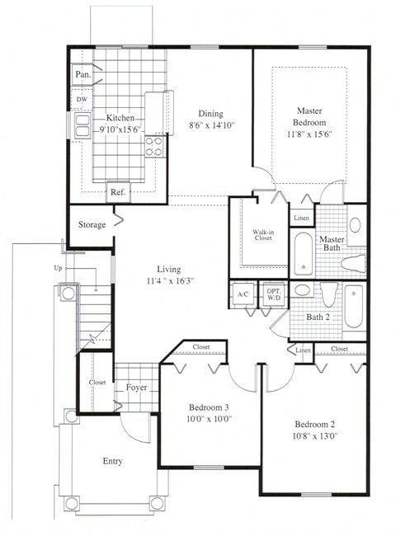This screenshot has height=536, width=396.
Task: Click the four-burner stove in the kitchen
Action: pos(154,146)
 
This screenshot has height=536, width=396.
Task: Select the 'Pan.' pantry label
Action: pos(82,74)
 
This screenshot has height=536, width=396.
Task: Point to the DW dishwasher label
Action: pos(82,100)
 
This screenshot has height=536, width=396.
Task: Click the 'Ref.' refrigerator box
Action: pos(118,192)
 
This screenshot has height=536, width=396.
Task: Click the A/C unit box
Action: pos(243,294)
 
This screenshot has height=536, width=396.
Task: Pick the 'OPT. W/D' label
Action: pos(273,294)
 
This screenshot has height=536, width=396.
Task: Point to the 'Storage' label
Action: pos(91,225)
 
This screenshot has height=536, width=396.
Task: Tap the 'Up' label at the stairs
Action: pos(69,269)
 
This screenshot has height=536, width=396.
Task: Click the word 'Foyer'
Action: pos(137,387)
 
